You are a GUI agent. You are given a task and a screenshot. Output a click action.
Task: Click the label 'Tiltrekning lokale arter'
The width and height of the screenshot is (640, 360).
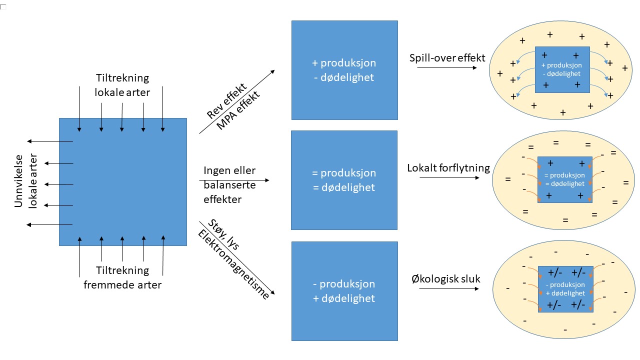pos(122,85)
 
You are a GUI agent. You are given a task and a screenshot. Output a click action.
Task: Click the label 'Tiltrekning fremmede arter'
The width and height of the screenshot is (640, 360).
pos(122,277)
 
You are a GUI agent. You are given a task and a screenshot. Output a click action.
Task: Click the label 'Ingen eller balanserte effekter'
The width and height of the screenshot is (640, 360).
pos(229,185)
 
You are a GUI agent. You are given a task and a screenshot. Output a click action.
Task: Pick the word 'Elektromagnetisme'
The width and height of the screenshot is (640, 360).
pos(233,265)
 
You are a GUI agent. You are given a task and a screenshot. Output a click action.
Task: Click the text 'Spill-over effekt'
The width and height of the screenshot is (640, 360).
pos(447,58)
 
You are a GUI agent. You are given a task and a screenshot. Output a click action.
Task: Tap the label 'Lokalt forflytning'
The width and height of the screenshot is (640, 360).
pos(448,168)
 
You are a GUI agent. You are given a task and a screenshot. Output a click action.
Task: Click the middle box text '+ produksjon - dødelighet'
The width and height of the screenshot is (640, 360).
pos(344,70)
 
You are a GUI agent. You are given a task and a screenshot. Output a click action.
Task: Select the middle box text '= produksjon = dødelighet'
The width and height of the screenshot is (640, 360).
pos(344,180)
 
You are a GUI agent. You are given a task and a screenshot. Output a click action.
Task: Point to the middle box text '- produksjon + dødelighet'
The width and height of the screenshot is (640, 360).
pos(344,291)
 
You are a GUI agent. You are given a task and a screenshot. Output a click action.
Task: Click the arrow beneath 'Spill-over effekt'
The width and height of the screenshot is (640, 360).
pos(446,67)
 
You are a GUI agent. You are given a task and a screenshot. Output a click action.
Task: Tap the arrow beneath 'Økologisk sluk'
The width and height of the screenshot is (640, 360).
pos(446,288)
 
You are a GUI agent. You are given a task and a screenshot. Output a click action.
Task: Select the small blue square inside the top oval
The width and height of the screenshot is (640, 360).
pos(562,69)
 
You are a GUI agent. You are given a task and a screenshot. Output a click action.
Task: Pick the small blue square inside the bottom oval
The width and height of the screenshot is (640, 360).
pos(565,289)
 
